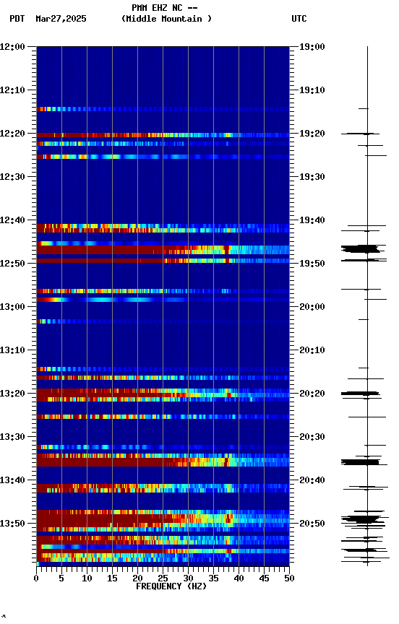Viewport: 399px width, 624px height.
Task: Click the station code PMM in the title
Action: point(140,8)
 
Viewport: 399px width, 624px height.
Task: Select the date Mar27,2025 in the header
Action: point(61,19)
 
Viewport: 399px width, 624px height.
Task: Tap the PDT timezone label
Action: point(17,19)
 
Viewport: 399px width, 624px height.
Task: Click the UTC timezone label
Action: point(299,19)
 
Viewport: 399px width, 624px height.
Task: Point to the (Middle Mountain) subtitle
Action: point(167,19)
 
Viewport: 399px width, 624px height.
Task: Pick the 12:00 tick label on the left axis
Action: point(12,47)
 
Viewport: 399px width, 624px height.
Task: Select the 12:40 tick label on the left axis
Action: point(12,220)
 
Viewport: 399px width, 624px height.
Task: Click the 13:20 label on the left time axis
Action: point(12,394)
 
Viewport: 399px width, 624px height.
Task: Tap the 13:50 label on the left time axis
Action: point(12,524)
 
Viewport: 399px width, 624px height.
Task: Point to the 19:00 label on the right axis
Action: point(313,47)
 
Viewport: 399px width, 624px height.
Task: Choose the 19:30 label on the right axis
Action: point(313,177)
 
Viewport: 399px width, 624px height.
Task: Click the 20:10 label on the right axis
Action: point(313,350)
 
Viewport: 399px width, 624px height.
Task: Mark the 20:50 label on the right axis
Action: point(313,524)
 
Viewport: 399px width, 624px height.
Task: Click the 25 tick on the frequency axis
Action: point(163,578)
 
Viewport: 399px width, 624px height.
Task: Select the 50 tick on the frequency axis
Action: point(289,578)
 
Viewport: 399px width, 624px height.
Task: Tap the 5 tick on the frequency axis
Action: point(61,578)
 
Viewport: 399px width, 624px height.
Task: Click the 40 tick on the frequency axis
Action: point(239,578)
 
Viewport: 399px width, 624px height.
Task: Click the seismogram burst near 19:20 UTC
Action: point(361,134)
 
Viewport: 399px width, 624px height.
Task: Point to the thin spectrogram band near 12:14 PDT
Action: point(163,109)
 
